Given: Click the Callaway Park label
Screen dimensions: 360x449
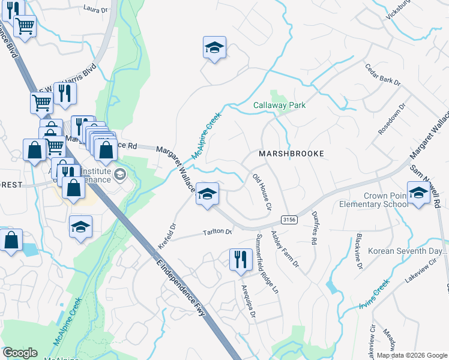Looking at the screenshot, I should (279, 105).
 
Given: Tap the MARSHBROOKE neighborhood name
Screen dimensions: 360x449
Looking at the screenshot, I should (291, 154).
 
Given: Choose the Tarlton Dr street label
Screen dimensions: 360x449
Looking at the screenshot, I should (217, 232).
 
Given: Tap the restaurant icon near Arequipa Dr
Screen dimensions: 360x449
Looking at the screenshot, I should (240, 260).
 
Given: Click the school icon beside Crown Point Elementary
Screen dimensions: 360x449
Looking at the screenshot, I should (418, 193).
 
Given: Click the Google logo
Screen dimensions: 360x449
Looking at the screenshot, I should (20, 353).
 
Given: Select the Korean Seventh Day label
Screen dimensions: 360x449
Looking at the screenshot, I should (408, 251).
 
